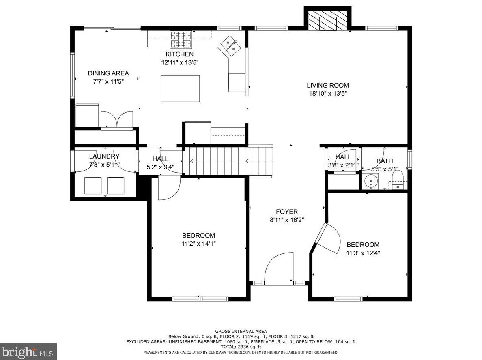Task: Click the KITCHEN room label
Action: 179,54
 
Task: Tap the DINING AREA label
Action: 108,73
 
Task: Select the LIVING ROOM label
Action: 328,86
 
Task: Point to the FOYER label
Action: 287,212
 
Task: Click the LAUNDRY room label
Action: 104,156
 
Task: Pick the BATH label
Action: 385,161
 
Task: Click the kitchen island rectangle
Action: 180,88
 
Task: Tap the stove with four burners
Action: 181,40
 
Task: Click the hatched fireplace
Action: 328,21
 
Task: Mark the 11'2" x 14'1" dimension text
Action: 198,244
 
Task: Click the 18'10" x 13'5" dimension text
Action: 328,94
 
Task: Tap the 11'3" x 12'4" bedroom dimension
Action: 363,253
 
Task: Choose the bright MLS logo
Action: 28,351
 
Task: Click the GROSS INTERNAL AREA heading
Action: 241,332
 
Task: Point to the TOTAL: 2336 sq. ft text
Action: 241,347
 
